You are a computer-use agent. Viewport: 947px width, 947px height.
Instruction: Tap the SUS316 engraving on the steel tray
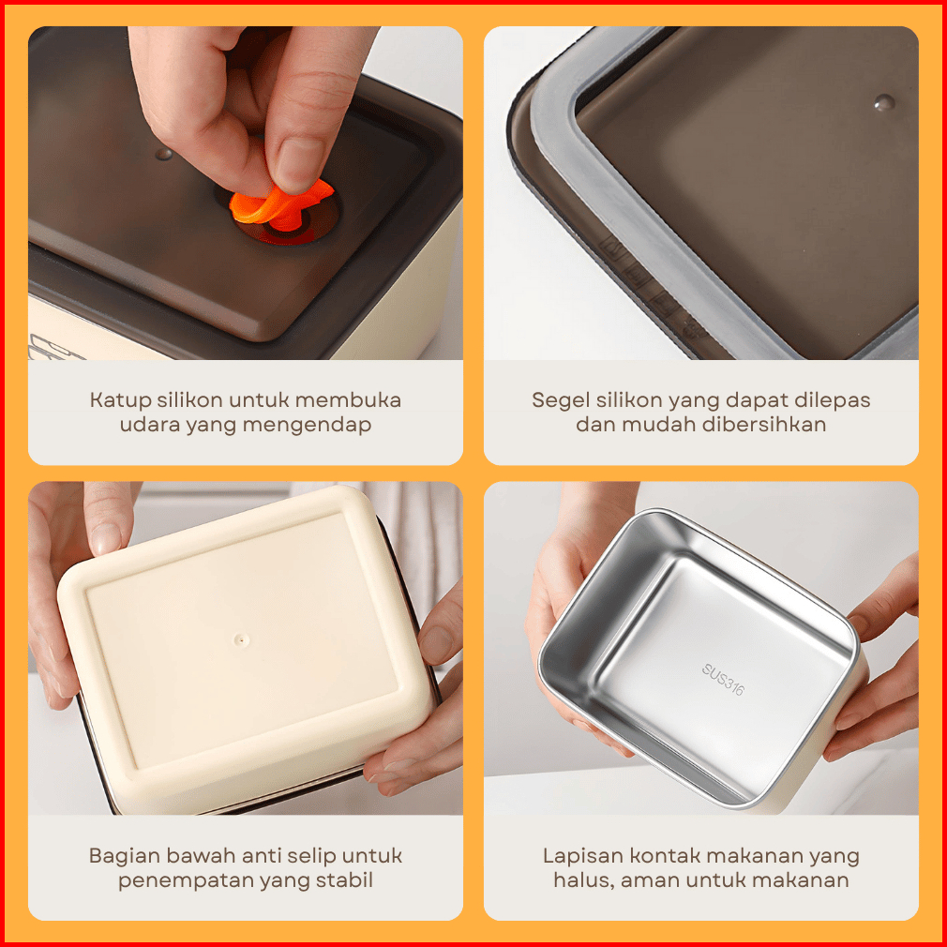coord(723,680)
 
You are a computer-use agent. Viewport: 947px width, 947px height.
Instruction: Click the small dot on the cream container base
coord(242,639)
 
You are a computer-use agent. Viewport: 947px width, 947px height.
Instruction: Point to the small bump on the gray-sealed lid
coord(884,103)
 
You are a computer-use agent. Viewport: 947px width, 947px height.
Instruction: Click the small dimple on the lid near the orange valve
coord(164,154)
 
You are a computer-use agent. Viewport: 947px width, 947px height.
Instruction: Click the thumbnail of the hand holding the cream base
coord(106,538)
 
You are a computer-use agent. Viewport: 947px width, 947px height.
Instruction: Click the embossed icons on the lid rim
coord(653,288)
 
